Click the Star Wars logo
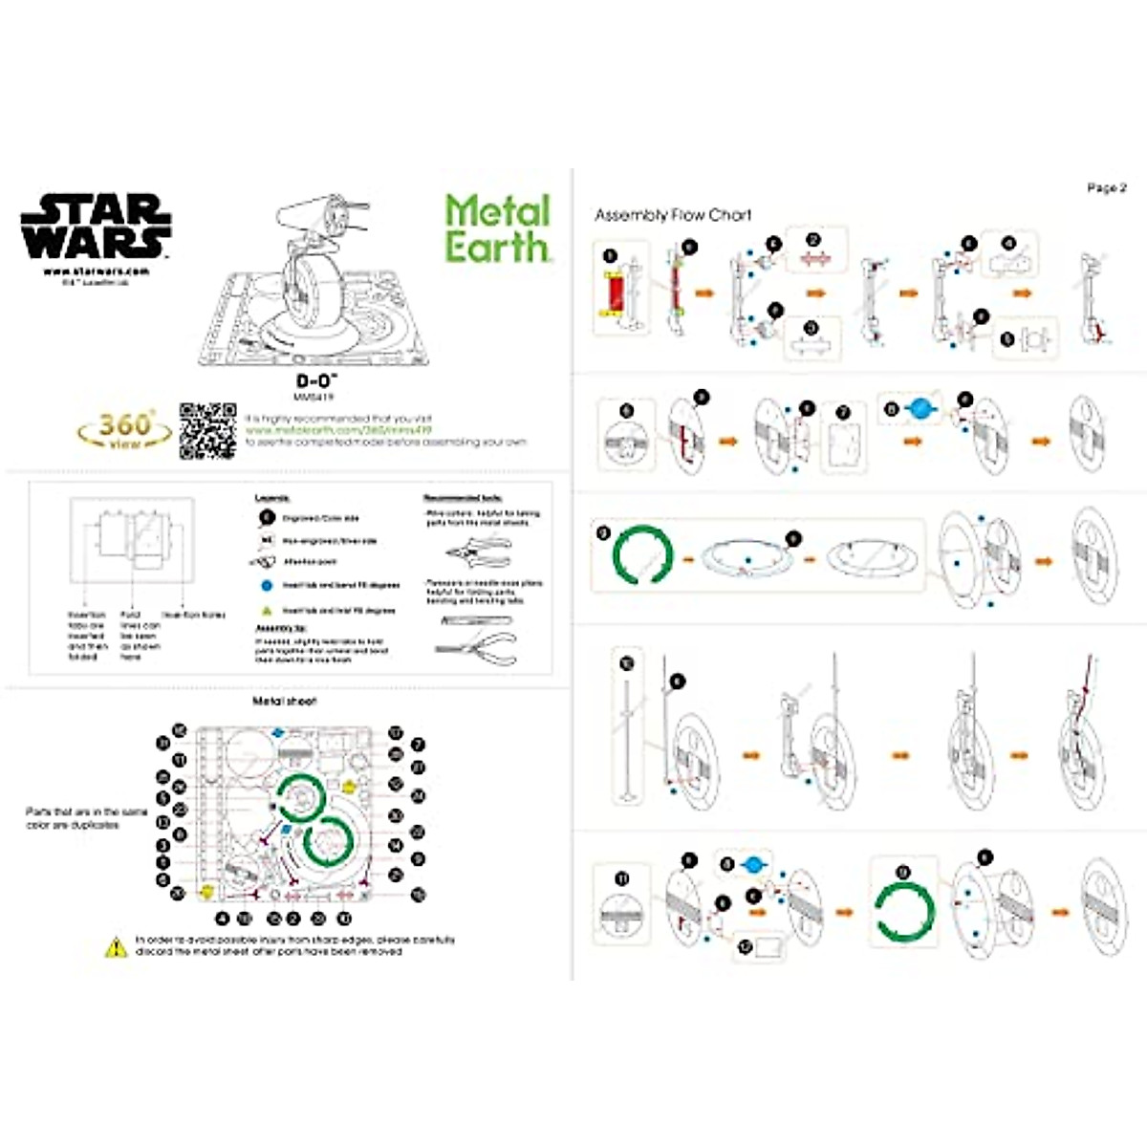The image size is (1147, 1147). [x=96, y=227]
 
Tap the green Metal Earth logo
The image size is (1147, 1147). [x=497, y=228]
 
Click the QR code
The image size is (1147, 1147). [x=207, y=431]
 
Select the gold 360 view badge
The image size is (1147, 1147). [x=125, y=430]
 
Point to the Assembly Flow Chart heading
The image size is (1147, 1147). [x=673, y=215]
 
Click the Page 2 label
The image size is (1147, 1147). [x=1107, y=188]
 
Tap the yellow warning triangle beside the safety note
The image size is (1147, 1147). [x=116, y=946]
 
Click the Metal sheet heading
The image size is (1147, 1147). [x=284, y=702]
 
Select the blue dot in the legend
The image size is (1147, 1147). [x=265, y=585]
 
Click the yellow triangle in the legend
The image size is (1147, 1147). [x=265, y=610]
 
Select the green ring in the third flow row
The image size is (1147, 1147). [x=642, y=553]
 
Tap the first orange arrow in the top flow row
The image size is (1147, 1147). [x=704, y=292]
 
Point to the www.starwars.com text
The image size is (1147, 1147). [x=96, y=271]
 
